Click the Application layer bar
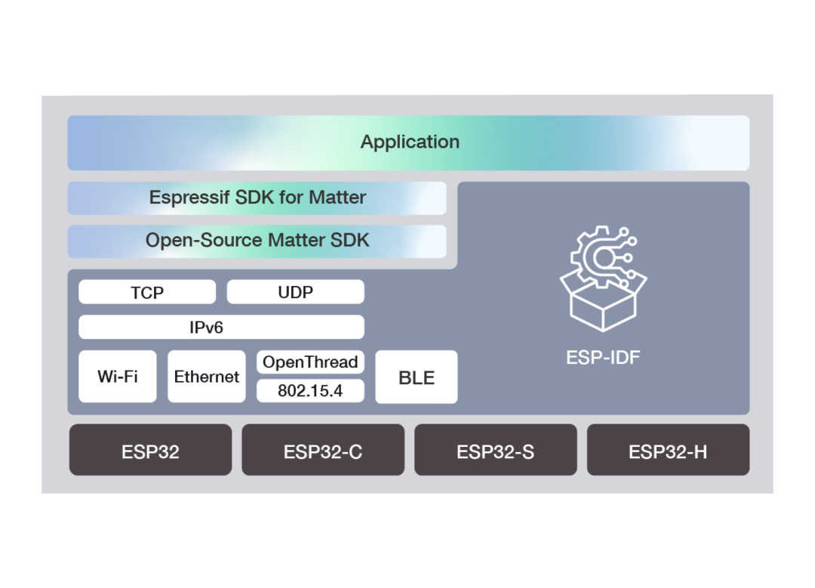(x=408, y=143)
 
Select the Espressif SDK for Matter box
(x=257, y=198)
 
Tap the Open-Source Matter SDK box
(x=257, y=241)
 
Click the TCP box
(x=147, y=292)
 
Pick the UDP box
(x=295, y=292)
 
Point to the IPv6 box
(x=221, y=327)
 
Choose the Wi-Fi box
(x=118, y=377)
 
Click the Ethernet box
(x=206, y=377)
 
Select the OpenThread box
(x=310, y=362)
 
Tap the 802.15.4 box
(x=310, y=391)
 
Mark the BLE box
(x=417, y=377)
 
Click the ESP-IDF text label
(x=603, y=357)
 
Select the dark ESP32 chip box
(x=151, y=450)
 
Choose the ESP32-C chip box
(x=323, y=450)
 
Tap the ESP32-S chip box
(x=495, y=450)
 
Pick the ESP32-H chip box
(x=668, y=450)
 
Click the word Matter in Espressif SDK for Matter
(x=337, y=198)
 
